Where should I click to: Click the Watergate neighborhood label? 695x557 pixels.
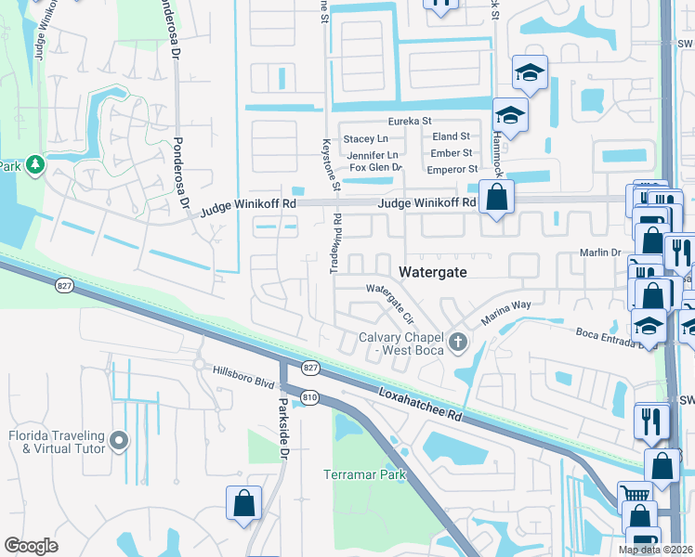(x=432, y=272)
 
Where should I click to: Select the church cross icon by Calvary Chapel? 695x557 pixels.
(x=457, y=343)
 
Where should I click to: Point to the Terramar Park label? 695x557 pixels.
(x=365, y=474)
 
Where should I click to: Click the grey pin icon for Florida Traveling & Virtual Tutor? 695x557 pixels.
(x=118, y=438)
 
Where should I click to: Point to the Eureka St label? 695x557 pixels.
(x=410, y=122)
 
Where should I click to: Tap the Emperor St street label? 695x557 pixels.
(x=452, y=169)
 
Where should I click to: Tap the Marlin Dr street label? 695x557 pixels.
(x=600, y=253)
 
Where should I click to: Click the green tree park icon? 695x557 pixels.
(x=35, y=164)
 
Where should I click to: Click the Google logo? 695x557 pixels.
(x=32, y=546)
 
